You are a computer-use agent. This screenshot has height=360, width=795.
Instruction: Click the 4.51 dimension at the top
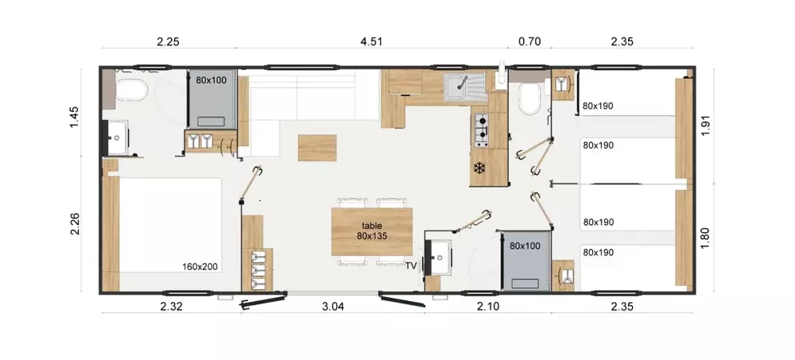[x=371, y=41]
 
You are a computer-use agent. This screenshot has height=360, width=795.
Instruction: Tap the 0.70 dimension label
[x=530, y=41]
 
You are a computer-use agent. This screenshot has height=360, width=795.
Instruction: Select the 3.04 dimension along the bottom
[x=333, y=306]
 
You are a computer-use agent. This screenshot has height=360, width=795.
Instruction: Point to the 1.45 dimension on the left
[x=75, y=117]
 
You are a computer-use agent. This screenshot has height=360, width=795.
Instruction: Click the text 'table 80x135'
[x=371, y=230]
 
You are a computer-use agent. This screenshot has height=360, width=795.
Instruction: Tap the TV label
[x=411, y=265]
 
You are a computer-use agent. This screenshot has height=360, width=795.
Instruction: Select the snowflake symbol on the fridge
[x=478, y=168]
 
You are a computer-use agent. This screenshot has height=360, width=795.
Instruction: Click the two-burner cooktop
[x=481, y=130]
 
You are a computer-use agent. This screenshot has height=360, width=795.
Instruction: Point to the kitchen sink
[x=465, y=88]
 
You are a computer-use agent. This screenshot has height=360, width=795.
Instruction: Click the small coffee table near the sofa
[x=317, y=148]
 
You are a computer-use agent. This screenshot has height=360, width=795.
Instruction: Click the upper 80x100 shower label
[x=211, y=79]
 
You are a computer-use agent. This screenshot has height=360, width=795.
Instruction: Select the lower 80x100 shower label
[x=525, y=246]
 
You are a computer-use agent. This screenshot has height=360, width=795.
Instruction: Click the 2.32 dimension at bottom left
[x=171, y=306]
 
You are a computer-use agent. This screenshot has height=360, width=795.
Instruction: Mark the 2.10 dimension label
[x=489, y=306]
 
